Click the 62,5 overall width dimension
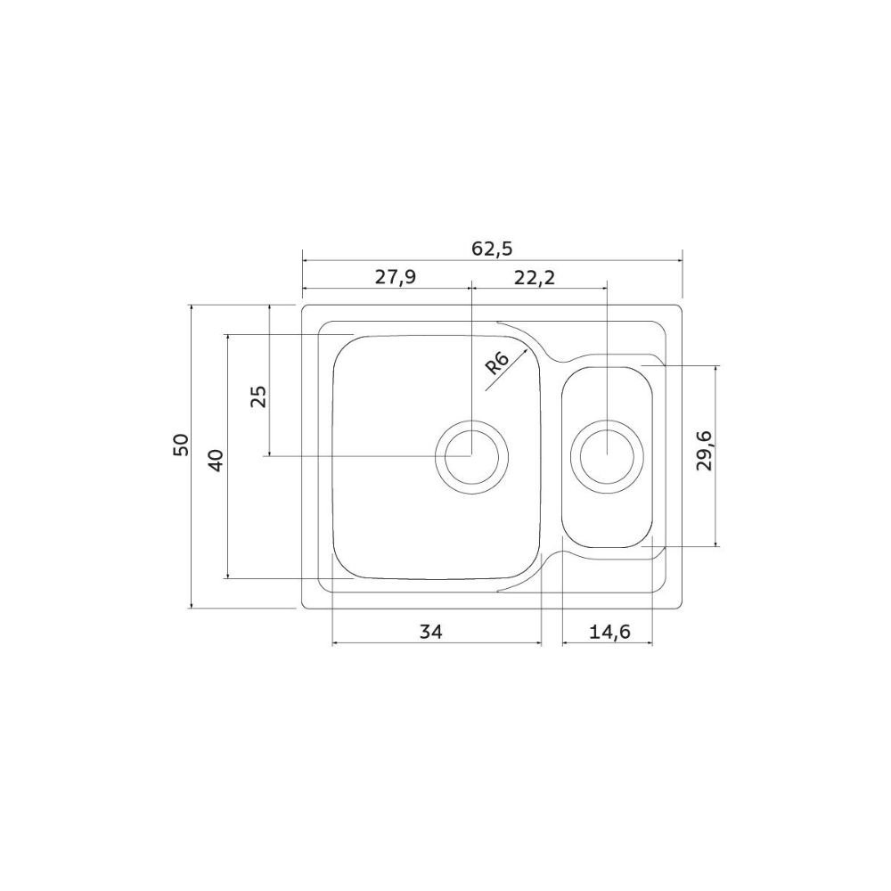pyautogui.click(x=492, y=249)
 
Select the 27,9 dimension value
pyautogui.click(x=396, y=277)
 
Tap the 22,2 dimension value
pyautogui.click(x=534, y=278)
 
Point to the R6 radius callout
pyautogui.click(x=497, y=364)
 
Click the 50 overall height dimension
pyautogui.click(x=181, y=445)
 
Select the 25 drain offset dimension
pyautogui.click(x=258, y=396)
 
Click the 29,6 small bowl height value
pyautogui.click(x=704, y=450)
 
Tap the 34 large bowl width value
pyautogui.click(x=430, y=632)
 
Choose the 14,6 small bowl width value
pyautogui.click(x=609, y=632)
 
